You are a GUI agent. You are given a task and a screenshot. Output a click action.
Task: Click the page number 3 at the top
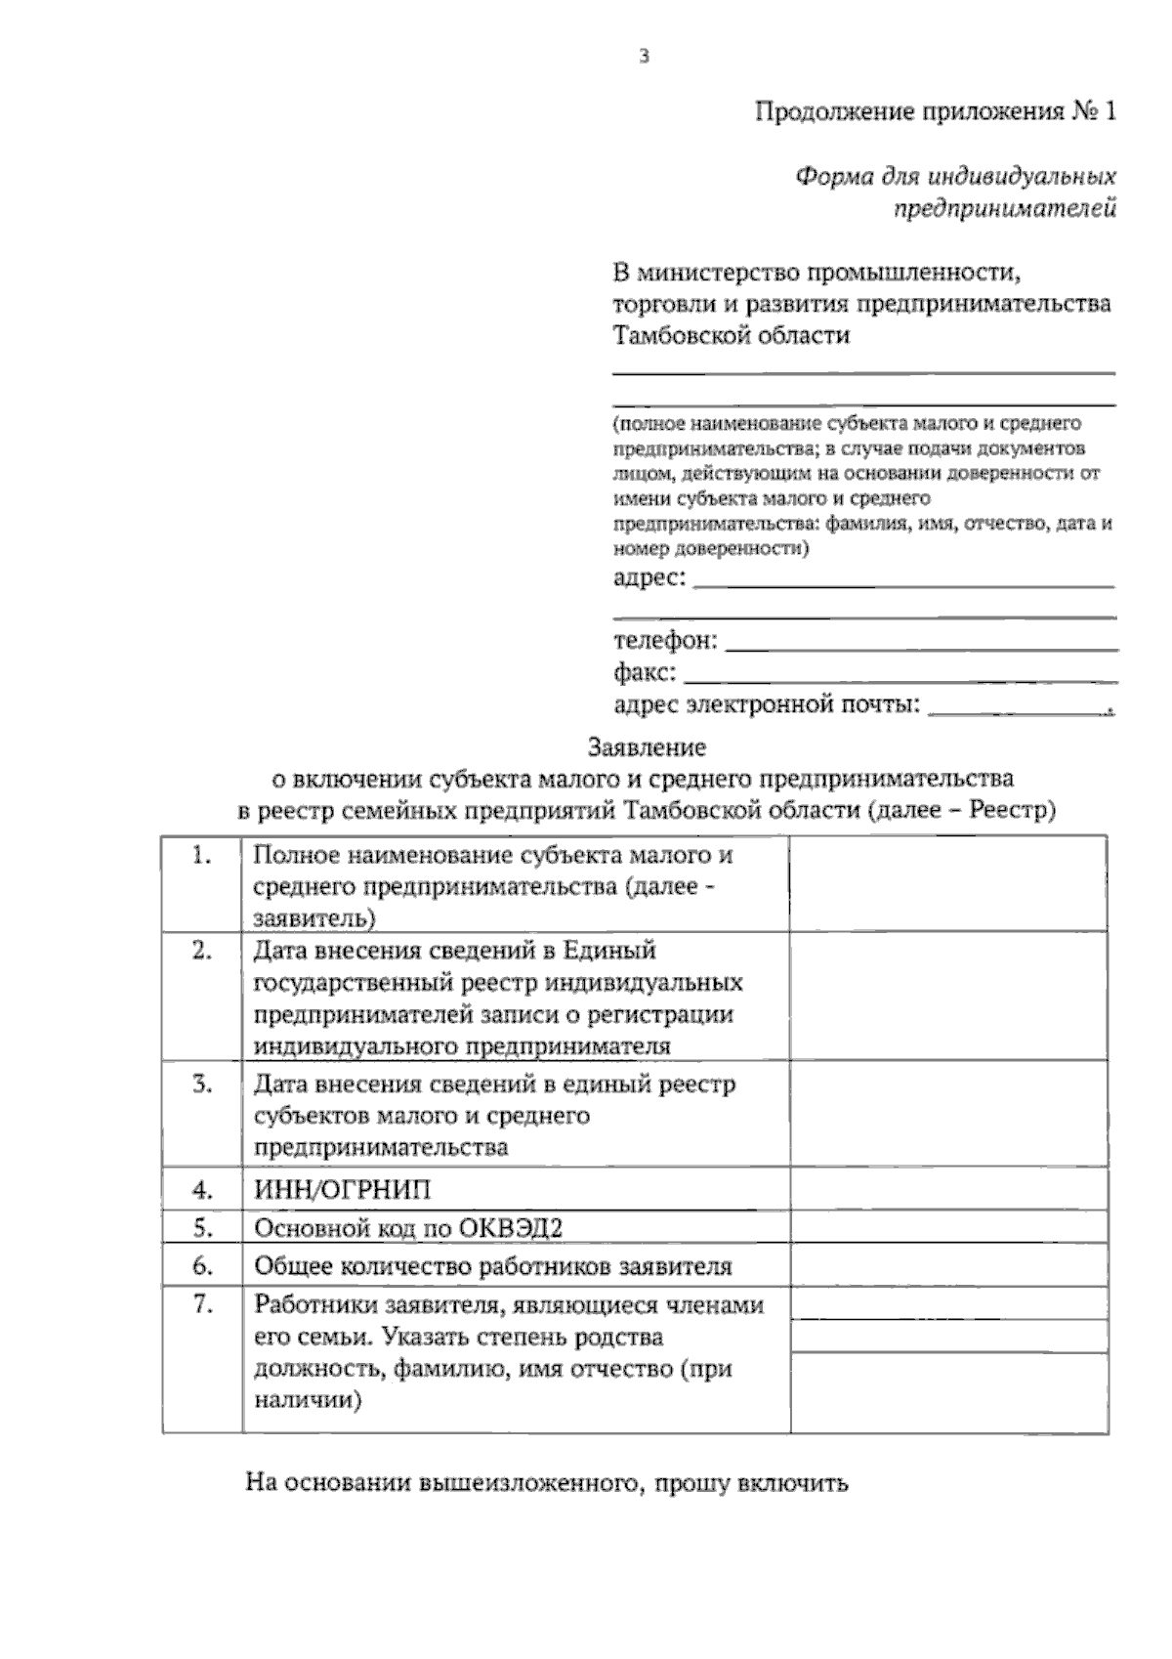tap(644, 57)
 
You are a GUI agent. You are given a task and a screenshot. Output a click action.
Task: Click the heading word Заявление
tap(647, 748)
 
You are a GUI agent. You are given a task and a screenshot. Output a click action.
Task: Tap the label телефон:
tap(665, 641)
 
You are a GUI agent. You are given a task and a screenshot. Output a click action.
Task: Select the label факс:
tap(645, 673)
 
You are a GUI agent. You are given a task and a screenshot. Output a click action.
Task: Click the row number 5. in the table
tap(202, 1226)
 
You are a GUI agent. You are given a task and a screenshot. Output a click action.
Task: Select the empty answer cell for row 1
tap(947, 884)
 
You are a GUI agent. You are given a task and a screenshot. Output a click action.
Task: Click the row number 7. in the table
tap(202, 1303)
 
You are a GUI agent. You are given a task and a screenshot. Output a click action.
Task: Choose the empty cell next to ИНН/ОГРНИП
tap(947, 1190)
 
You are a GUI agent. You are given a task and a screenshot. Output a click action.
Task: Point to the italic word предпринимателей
tap(1007, 208)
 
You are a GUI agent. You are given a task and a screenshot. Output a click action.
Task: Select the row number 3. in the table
tap(202, 1084)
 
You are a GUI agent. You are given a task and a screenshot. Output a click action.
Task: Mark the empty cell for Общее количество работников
tap(947, 1266)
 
